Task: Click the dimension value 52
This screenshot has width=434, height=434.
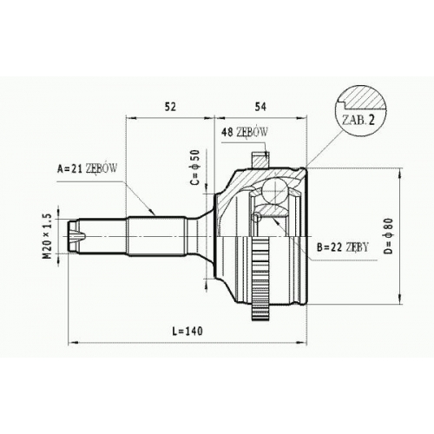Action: coord(170,107)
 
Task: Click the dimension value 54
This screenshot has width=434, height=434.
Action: coord(260,107)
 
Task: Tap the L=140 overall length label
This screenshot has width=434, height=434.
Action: coord(187,331)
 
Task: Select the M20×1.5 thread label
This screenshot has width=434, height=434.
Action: coord(47,235)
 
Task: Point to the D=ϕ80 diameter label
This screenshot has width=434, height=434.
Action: coord(389,236)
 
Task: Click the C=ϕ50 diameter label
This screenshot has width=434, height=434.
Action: coord(195,167)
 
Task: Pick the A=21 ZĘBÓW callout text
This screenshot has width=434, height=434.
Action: coord(87,168)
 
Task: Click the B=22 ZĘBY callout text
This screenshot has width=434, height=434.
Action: coord(343,247)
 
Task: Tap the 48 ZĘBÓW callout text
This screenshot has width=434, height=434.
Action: coord(244,132)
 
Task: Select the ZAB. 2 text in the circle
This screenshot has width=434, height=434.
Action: coord(358,120)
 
